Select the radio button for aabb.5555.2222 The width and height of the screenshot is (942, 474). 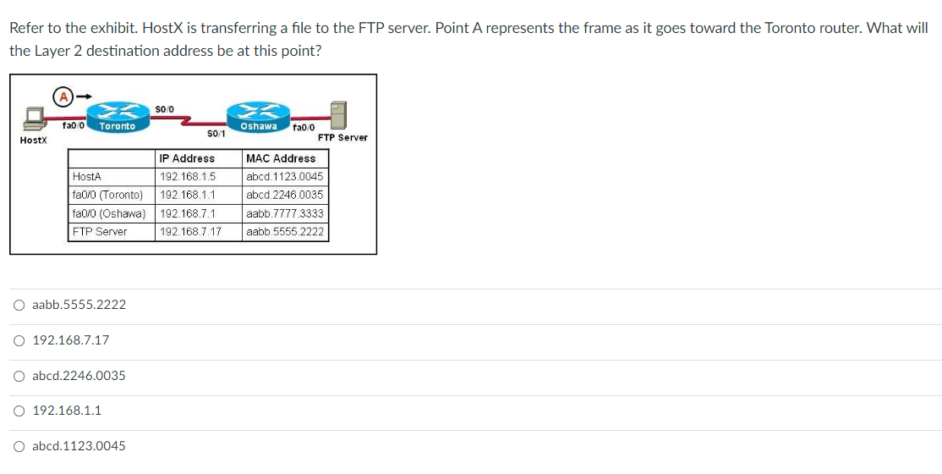[x=19, y=305]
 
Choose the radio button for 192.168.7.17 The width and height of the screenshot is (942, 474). [x=19, y=340]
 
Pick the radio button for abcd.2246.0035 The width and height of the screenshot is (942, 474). [x=19, y=376]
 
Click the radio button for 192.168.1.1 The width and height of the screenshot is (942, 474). [x=19, y=411]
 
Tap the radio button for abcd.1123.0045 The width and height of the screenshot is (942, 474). [x=19, y=446]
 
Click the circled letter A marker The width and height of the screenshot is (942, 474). [x=63, y=96]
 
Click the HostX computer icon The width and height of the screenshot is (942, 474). [x=36, y=118]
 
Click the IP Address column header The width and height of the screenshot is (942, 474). [x=187, y=158]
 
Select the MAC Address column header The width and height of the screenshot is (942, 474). [x=281, y=158]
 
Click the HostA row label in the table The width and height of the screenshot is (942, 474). [x=87, y=177]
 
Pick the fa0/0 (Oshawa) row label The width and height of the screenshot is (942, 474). [x=109, y=213]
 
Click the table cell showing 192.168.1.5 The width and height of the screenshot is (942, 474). [x=188, y=177]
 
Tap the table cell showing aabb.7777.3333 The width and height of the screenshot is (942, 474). [x=284, y=213]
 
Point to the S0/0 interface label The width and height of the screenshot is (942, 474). [x=165, y=107]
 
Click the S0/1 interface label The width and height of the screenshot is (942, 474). [x=216, y=134]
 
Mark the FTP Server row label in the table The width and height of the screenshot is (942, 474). [x=100, y=232]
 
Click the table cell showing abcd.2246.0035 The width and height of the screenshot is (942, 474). [x=284, y=195]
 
